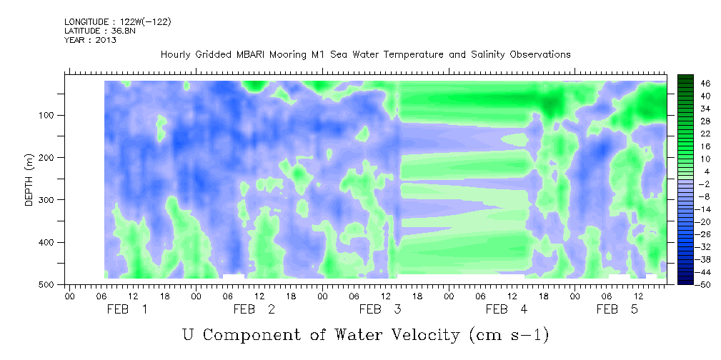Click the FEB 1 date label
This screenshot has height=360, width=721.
(127, 309)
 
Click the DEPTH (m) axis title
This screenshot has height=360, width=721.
(29, 182)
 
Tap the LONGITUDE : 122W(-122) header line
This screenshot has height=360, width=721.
(117, 22)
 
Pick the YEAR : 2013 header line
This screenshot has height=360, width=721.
(90, 40)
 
